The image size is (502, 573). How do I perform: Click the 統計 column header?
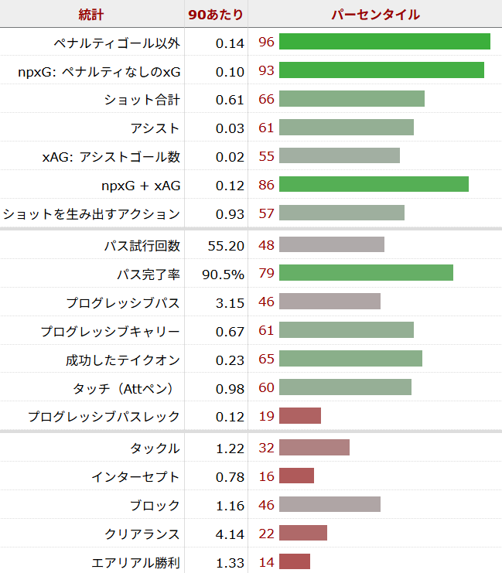coord(91,14)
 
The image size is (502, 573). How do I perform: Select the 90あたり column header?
coord(216,14)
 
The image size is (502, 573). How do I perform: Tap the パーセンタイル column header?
coord(375,14)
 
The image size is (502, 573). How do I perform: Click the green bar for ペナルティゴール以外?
coord(384,42)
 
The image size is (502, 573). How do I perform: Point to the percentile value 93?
coord(266,70)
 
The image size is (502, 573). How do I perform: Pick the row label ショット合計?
coord(142,99)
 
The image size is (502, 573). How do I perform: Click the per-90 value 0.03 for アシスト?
coord(231,128)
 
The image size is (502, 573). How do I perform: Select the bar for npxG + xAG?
coord(374,185)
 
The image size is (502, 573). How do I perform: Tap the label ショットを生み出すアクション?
coord(91,213)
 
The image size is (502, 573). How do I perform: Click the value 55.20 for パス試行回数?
coord(226,245)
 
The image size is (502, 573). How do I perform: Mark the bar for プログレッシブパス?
coord(330,302)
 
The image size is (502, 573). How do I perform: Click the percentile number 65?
coord(266,360)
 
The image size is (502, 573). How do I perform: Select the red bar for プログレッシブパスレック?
coord(299,416)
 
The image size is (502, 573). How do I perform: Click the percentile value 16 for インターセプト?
coord(266,476)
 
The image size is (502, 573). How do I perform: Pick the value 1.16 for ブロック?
coord(231,505)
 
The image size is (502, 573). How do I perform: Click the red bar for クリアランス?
coord(302,534)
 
